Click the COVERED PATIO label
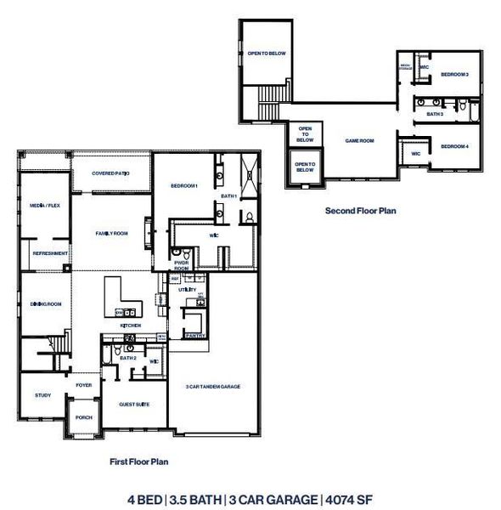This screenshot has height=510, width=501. (x=110, y=173)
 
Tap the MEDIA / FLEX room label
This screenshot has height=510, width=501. (x=44, y=206)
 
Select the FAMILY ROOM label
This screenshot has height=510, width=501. (x=111, y=233)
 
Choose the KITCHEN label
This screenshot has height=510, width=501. (x=130, y=326)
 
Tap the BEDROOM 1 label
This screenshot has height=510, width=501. (x=183, y=186)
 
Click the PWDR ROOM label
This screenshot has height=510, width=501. (x=181, y=266)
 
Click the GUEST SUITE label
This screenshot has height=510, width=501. (x=134, y=404)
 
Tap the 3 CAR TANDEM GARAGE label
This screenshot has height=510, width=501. (x=213, y=387)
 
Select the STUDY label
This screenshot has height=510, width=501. (x=42, y=395)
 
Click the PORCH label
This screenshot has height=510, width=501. (x=83, y=417)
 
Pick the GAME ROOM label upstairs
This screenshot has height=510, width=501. (x=359, y=141)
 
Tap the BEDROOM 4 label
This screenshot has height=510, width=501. (x=454, y=147)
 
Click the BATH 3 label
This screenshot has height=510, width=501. (x=435, y=113)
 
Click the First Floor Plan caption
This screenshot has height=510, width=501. (x=139, y=462)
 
